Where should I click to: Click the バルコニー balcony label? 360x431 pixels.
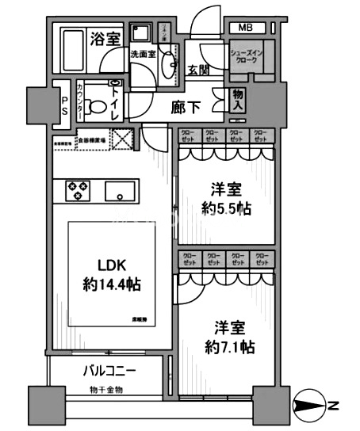tap(109, 371)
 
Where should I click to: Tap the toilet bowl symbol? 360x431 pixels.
tap(98, 105)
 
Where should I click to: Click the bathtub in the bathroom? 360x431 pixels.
tap(81, 48)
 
